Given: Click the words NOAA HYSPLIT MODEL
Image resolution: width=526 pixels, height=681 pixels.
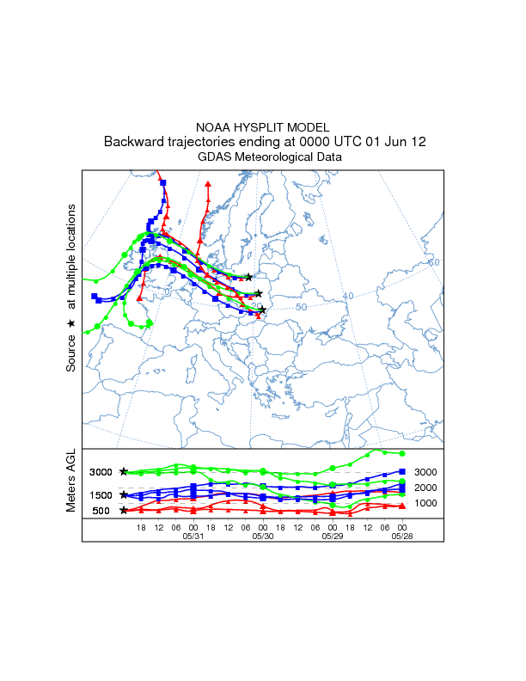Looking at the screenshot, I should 262,127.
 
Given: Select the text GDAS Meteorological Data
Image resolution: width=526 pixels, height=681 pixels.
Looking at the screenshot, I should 262,157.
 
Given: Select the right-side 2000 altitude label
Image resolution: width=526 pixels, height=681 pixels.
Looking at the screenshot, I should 427,488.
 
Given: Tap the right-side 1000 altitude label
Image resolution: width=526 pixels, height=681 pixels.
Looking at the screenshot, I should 427,503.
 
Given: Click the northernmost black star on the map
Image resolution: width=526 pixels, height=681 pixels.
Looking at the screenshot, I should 249,277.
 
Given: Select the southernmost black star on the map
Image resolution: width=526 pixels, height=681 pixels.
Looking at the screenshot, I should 262,310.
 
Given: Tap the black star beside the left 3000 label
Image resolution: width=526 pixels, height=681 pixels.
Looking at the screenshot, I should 124,471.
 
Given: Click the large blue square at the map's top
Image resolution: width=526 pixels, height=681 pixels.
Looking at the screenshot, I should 163,181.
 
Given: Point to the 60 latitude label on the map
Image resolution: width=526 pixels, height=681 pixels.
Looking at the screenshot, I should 434,262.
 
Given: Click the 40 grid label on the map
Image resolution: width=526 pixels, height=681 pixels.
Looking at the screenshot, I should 348,296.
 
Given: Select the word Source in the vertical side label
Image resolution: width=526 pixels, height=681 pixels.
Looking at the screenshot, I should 71,353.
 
